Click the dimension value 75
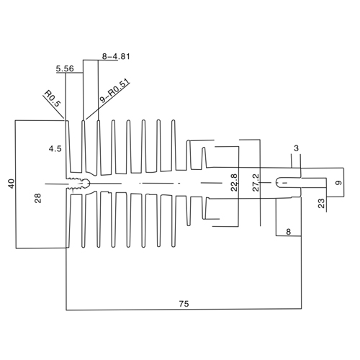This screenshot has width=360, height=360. [x=184, y=304]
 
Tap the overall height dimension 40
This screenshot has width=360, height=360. [x=12, y=184]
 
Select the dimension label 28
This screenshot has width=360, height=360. [x=38, y=198]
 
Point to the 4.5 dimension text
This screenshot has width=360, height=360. [x=55, y=149]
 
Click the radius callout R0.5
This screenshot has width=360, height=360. [x=53, y=99]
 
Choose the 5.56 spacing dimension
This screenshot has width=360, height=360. [x=65, y=68]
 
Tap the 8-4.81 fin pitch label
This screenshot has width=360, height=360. [x=116, y=57]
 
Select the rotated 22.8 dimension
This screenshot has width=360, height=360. [x=234, y=182]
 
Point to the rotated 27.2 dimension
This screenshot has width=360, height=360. [x=256, y=182]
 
